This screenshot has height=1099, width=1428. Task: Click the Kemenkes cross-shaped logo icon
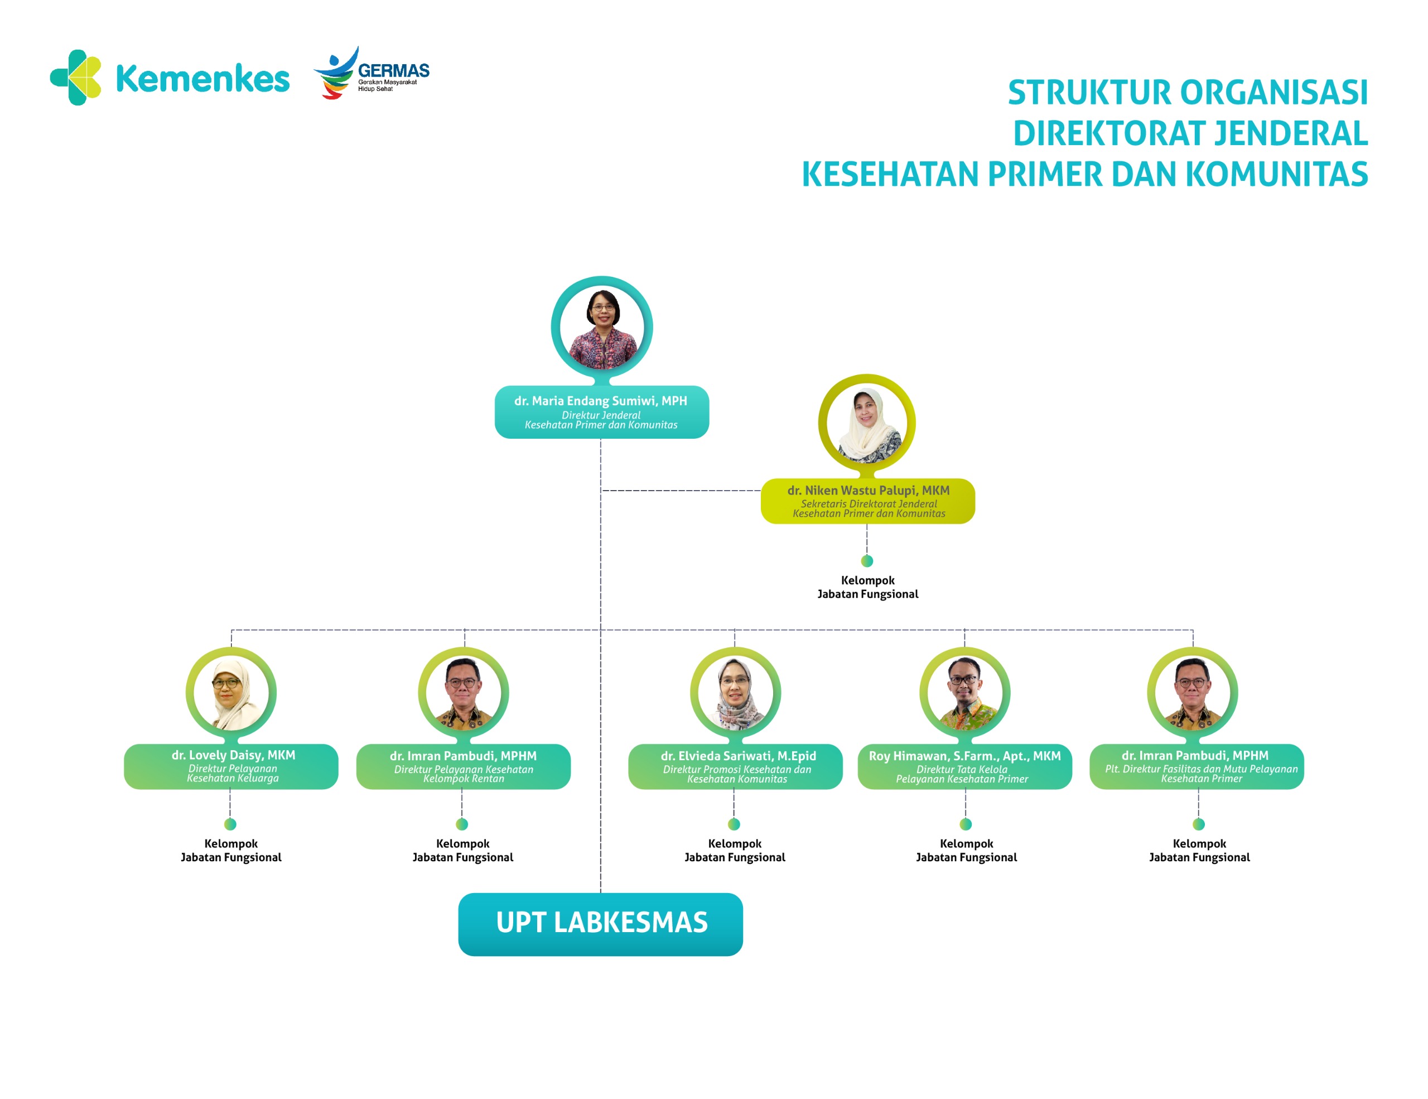(76, 77)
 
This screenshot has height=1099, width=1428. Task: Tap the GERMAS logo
(371, 73)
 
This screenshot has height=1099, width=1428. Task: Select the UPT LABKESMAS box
(600, 924)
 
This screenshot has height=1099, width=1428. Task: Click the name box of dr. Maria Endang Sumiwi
(601, 412)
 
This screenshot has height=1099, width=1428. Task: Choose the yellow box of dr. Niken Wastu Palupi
(867, 501)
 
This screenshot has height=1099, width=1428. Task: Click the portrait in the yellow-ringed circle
(867, 423)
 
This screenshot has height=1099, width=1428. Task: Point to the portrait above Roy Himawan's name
(965, 693)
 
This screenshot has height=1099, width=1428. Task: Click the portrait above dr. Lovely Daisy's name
(231, 693)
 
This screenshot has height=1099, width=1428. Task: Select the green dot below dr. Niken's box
(867, 560)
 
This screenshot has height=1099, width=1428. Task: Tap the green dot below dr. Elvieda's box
(734, 824)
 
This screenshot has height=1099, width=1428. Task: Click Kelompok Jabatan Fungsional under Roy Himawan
(966, 851)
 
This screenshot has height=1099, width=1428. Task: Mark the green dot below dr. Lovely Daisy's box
(230, 824)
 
